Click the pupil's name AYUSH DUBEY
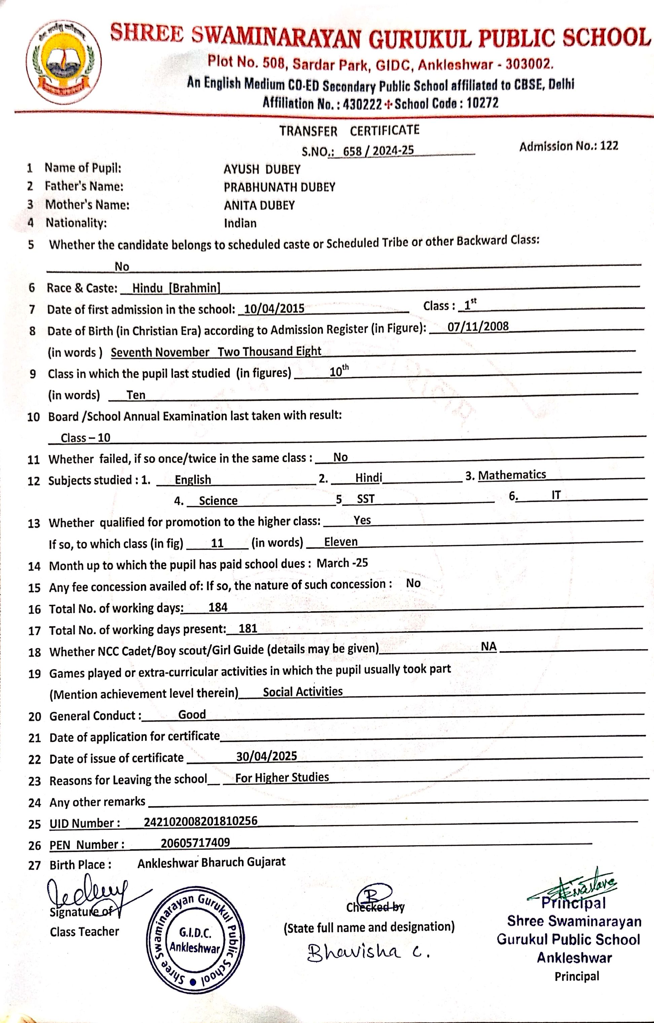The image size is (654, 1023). tap(262, 169)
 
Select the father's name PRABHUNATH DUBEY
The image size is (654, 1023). tap(279, 187)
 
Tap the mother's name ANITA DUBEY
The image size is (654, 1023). tap(259, 206)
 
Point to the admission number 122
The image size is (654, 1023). tap(609, 146)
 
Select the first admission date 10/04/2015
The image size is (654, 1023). tap(274, 309)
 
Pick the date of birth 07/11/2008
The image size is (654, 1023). tap(478, 326)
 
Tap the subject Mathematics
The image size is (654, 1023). tap(512, 475)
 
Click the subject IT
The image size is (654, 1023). tap(556, 495)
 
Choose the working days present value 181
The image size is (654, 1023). tap(248, 629)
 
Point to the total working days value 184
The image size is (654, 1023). tap(218, 608)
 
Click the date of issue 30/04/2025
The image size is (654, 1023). tap(267, 756)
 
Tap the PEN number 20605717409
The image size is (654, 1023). tap(195, 843)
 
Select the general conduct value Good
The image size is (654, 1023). tap(192, 714)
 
